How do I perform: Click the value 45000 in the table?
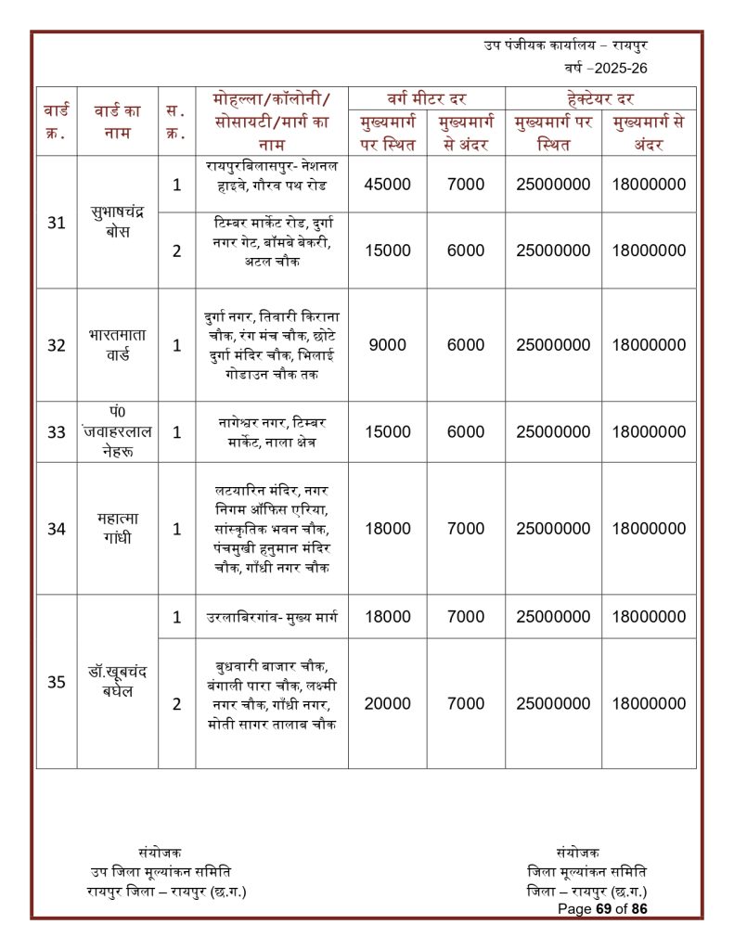point(387,184)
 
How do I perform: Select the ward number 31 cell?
point(57,223)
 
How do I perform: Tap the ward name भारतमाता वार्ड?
point(118,344)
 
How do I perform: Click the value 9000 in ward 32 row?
point(387,344)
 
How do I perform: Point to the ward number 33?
point(57,431)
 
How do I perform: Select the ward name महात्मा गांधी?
point(118,528)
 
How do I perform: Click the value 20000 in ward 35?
point(387,703)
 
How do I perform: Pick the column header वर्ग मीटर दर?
point(426,98)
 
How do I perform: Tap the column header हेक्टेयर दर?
point(599,98)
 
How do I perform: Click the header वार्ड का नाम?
point(118,122)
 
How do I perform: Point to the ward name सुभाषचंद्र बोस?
point(118,223)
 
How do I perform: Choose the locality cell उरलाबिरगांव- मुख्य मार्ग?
point(271,617)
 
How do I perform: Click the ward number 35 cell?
point(57,682)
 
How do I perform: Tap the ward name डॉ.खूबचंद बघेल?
point(118,682)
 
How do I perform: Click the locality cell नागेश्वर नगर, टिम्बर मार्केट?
point(271,431)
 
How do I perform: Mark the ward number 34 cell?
point(57,528)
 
